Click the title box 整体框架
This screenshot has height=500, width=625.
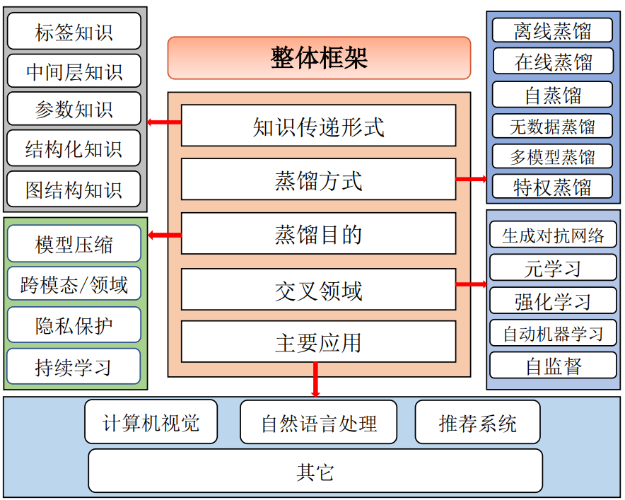pos(319,58)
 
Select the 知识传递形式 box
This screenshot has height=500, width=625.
pos(318,126)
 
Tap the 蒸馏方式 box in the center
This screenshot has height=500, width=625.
pos(318,180)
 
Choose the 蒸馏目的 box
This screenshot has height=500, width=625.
pos(318,233)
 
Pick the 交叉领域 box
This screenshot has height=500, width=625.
pos(318,289)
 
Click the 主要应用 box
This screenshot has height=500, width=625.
pos(318,342)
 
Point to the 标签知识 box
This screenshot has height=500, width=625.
pos(74,32)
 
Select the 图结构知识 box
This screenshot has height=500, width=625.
pos(74,190)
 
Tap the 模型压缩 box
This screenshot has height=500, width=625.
pos(74,244)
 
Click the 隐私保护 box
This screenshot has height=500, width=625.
pos(74,325)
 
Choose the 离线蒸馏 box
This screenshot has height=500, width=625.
pos(553,30)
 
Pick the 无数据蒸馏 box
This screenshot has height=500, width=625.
pos(553,127)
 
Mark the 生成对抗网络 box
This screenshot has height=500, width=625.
pos(553,236)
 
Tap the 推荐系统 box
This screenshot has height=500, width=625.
pos(477,422)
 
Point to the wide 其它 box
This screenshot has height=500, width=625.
pos(315,471)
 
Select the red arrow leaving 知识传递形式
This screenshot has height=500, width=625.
pos(164,123)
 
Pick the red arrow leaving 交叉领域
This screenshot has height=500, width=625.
pos(471,284)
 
